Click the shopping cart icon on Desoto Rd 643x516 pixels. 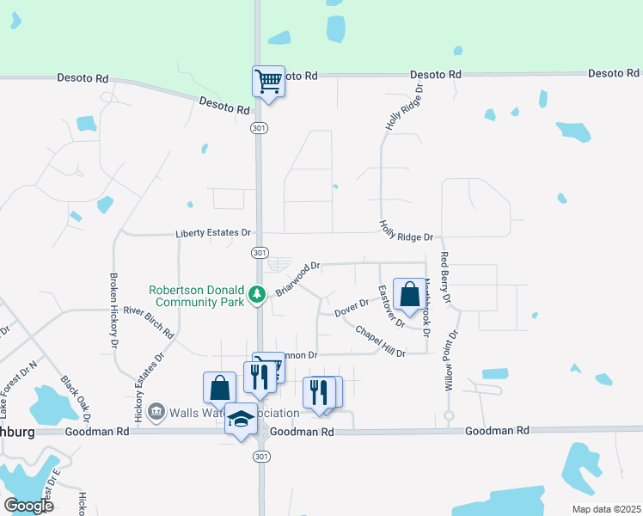tap(268, 82)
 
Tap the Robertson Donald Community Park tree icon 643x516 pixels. tap(256, 295)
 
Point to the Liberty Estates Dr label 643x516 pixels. tap(212, 233)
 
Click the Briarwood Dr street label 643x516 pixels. tap(297, 279)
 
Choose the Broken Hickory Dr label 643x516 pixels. tap(113, 310)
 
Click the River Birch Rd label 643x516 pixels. tap(149, 322)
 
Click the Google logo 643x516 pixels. tap(28, 505)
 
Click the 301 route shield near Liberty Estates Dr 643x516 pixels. tap(259, 252)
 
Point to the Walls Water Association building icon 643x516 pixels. tap(155, 413)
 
